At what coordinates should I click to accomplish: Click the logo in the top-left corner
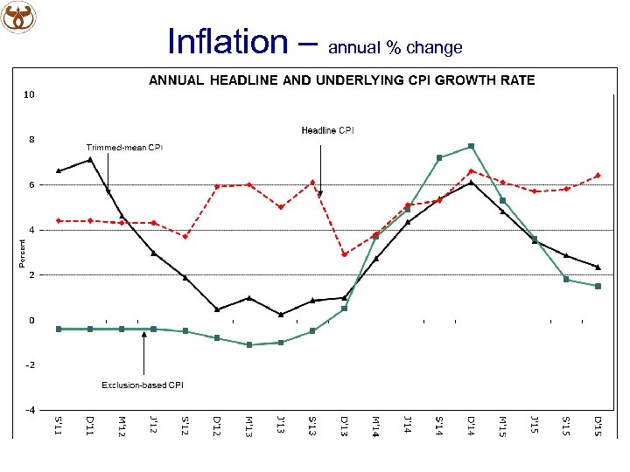20,17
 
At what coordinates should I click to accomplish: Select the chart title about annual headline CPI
341,80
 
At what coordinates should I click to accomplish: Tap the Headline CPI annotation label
327,130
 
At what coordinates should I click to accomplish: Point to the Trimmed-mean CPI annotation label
123,147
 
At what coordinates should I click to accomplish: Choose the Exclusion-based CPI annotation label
143,385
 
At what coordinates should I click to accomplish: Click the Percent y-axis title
23,253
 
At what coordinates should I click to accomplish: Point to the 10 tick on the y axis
30,94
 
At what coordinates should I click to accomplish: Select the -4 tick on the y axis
30,410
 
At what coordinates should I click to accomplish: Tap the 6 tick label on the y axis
31,184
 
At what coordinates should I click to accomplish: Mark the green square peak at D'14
471,146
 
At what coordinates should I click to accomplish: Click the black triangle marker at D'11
90,160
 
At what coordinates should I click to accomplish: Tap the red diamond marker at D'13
344,254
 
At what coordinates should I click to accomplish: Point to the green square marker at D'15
598,286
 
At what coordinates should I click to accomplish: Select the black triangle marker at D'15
598,267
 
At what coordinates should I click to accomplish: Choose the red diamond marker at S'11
59,220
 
